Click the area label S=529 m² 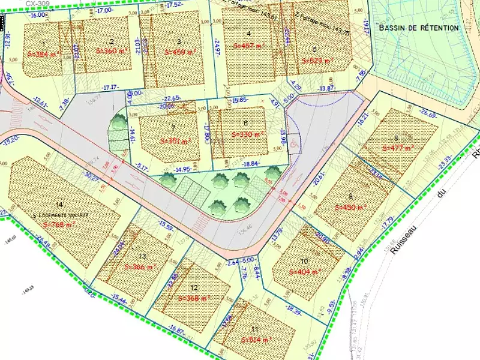[316, 61]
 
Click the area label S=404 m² [305, 272]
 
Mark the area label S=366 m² [140, 266]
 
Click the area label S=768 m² [61, 224]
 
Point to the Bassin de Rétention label [419, 28]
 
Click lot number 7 [173, 128]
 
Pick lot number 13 [142, 254]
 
